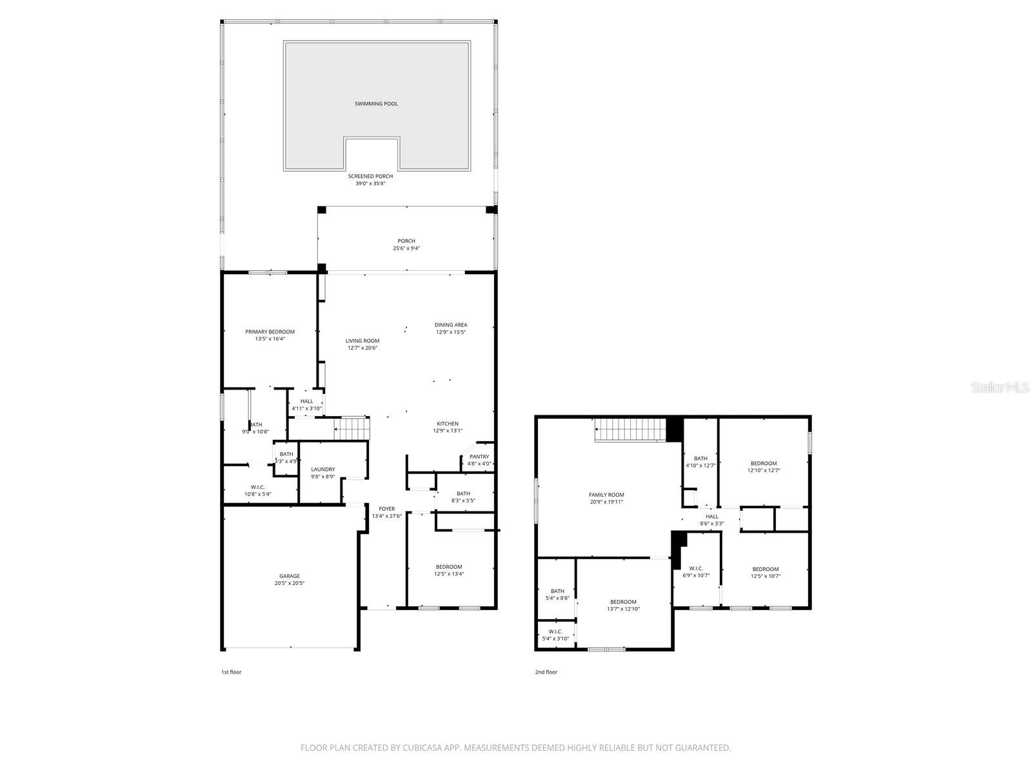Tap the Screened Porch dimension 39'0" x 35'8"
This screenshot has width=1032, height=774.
[370, 184]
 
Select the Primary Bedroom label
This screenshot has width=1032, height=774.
[270, 332]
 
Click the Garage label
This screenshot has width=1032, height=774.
[289, 576]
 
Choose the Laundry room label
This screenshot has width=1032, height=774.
[322, 469]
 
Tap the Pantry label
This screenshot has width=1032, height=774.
[479, 457]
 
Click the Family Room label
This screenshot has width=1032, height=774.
[606, 495]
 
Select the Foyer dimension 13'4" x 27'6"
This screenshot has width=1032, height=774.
[386, 516]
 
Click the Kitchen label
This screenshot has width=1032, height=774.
[448, 424]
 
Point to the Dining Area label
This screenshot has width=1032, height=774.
[450, 325]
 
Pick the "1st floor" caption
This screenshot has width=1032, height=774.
[231, 672]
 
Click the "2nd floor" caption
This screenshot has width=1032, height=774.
[546, 672]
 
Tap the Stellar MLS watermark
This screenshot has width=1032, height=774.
[999, 388]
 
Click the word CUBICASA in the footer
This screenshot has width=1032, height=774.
[420, 748]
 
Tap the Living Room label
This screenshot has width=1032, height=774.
[362, 341]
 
